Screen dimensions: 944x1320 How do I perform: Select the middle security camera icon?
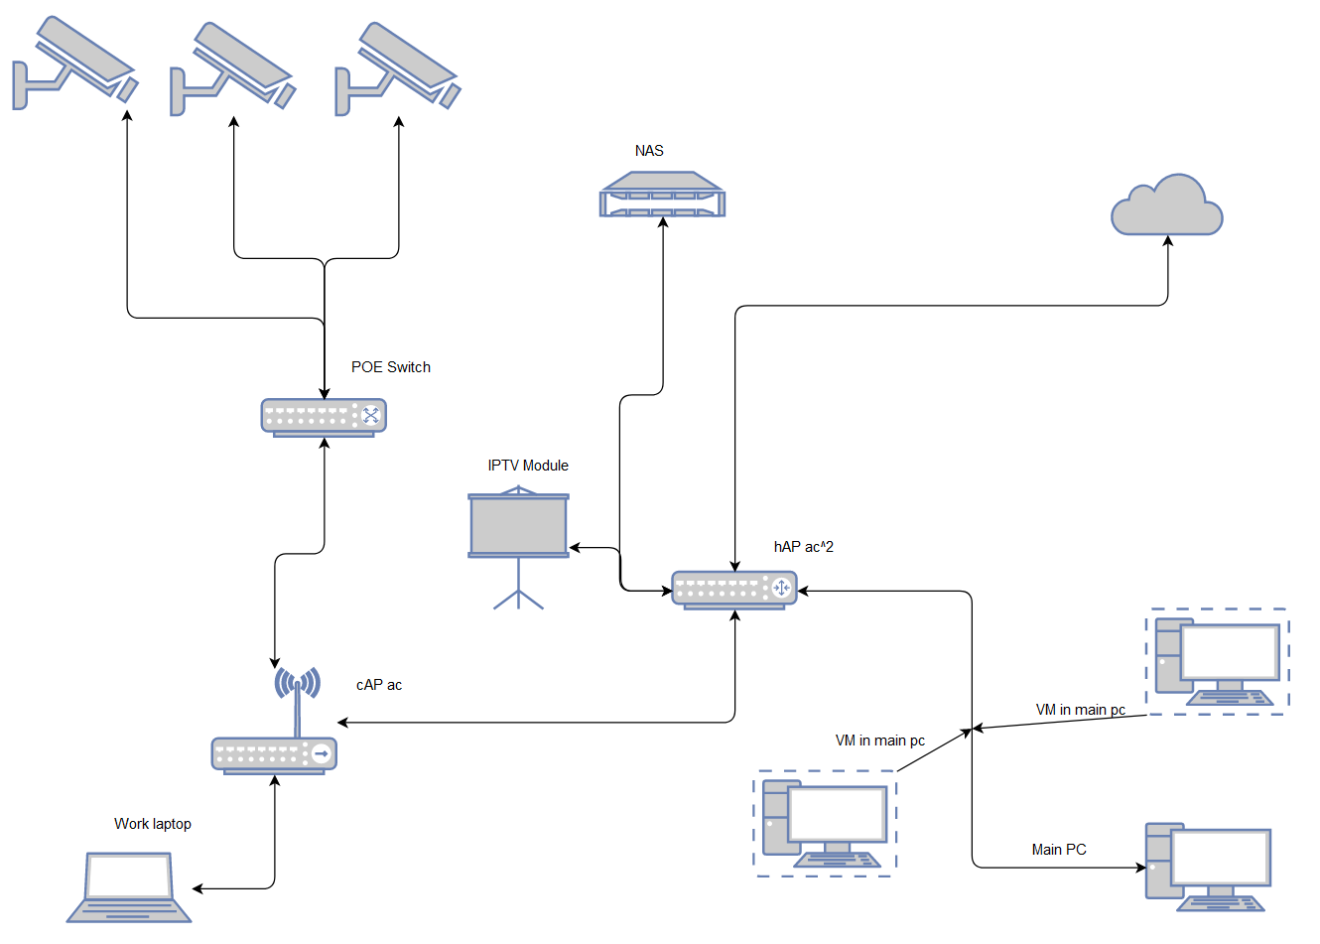[233, 67]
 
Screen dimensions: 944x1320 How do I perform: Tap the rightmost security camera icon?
[398, 67]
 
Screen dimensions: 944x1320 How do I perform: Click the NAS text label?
[649, 151]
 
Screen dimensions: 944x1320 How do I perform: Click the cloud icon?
[1166, 206]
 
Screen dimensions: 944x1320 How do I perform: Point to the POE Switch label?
[391, 367]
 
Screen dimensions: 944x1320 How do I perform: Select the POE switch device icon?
[324, 417]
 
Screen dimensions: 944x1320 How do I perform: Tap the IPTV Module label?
[528, 466]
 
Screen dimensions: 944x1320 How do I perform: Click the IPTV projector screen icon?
[518, 526]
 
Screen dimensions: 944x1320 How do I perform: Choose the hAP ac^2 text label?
[804, 547]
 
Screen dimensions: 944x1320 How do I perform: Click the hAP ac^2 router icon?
[733, 589]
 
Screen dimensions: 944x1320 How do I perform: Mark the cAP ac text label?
[379, 685]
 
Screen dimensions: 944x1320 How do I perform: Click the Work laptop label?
[153, 824]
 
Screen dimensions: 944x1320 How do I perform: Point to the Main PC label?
[1059, 850]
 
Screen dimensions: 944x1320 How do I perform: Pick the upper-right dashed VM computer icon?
[1217, 661]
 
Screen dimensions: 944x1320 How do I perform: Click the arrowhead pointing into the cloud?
[1167, 241]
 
